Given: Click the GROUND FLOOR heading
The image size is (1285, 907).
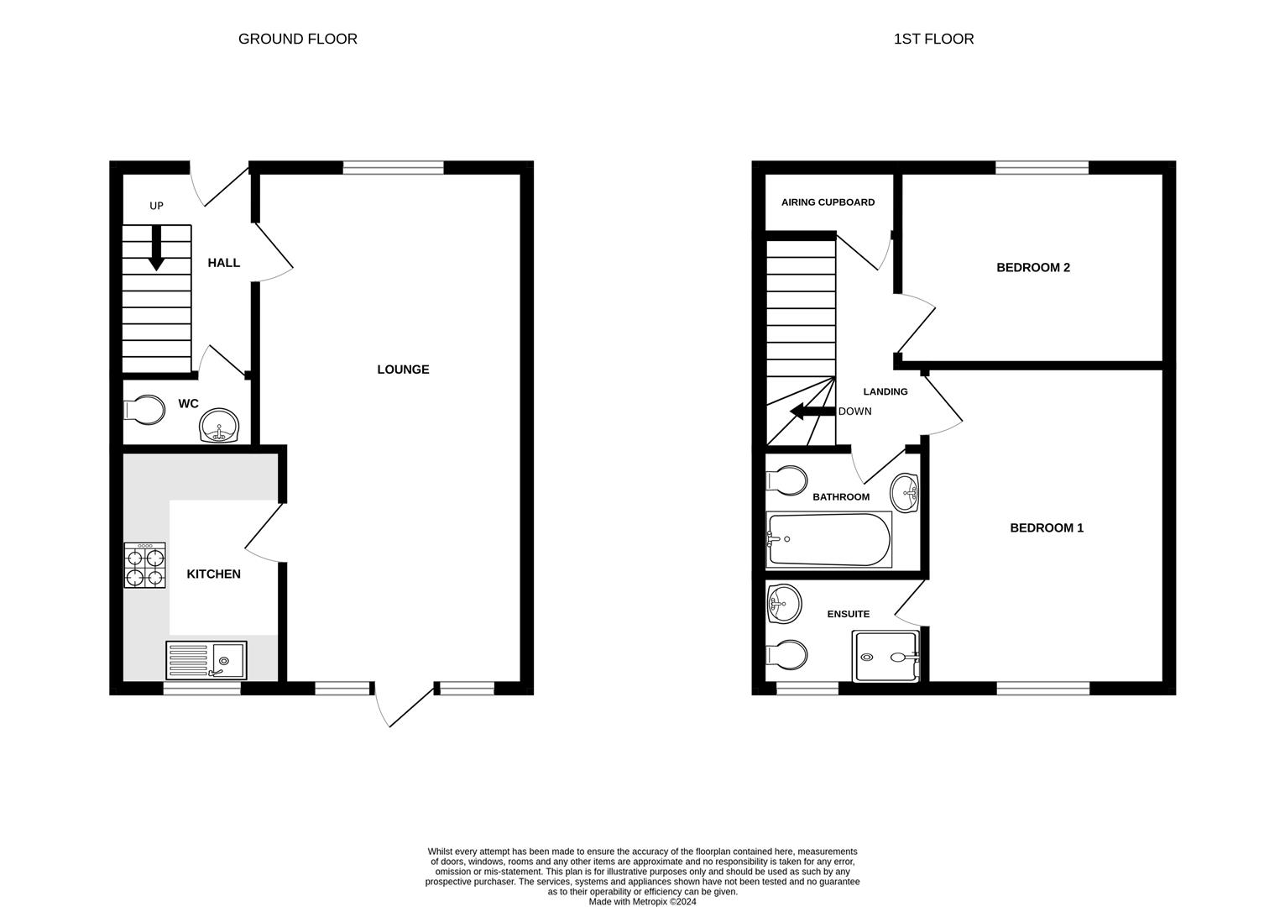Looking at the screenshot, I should click(x=297, y=39).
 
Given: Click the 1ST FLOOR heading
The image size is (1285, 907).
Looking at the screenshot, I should click(x=933, y=39).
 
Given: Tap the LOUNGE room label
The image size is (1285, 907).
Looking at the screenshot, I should click(x=403, y=370).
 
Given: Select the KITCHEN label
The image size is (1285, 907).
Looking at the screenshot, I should click(x=213, y=574).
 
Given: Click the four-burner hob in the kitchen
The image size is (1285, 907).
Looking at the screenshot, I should click(x=144, y=565).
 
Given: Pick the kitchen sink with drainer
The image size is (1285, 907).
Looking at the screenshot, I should click(x=206, y=659).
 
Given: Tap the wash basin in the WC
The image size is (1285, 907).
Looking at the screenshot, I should click(x=220, y=425).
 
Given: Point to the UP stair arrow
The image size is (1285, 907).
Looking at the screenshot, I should click(x=156, y=250).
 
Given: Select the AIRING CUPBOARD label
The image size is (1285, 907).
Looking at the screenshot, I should click(x=828, y=202).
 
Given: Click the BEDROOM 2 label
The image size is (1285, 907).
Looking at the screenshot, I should click(x=1032, y=268).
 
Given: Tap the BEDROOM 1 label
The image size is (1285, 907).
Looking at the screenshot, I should click(x=1046, y=528).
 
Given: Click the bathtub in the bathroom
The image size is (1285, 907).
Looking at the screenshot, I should click(x=828, y=539).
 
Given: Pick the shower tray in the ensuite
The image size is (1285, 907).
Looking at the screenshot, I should click(x=885, y=656).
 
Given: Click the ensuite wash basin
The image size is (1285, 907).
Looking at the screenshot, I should click(x=784, y=603).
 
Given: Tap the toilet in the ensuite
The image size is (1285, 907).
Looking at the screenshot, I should click(x=787, y=654).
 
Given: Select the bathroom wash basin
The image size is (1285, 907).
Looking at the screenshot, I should click(x=904, y=491).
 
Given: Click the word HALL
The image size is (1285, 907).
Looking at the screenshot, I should click(x=224, y=263).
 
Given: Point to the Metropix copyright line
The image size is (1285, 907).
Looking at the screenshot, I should click(x=642, y=902).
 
